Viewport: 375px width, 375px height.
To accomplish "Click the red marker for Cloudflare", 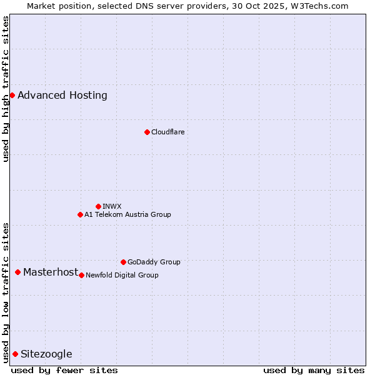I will pyautogui.click(x=147, y=132).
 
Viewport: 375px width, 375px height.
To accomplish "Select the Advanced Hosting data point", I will pyautogui.click(x=12, y=95).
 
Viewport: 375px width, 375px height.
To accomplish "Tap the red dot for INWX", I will pyautogui.click(x=98, y=206).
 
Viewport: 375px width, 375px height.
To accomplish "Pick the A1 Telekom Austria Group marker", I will pyautogui.click(x=80, y=214).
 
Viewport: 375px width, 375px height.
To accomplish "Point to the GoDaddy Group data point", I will pyautogui.click(x=123, y=262).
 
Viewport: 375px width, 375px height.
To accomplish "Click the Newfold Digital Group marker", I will pyautogui.click(x=81, y=275).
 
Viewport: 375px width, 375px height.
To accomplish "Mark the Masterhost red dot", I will pyautogui.click(x=17, y=272).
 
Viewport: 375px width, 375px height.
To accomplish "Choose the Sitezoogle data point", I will pyautogui.click(x=15, y=354).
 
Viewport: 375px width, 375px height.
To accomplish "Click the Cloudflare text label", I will pyautogui.click(x=167, y=132).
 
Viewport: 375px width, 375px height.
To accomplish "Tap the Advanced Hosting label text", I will pyautogui.click(x=62, y=95).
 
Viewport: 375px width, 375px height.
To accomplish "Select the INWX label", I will pyautogui.click(x=112, y=206).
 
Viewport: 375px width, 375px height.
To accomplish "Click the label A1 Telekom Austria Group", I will pyautogui.click(x=127, y=214).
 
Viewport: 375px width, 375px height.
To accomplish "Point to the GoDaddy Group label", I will pyautogui.click(x=154, y=262).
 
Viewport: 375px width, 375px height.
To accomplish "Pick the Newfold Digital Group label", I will pyautogui.click(x=122, y=275).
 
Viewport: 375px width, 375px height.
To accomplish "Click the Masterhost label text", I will pyautogui.click(x=51, y=272).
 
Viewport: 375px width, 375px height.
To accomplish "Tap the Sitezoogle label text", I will pyautogui.click(x=46, y=354).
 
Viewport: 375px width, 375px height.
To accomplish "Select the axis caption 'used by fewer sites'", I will pyautogui.click(x=64, y=370).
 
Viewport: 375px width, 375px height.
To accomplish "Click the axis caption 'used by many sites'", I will pyautogui.click(x=314, y=370).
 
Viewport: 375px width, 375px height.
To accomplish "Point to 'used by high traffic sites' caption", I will pyautogui.click(x=6, y=89).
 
